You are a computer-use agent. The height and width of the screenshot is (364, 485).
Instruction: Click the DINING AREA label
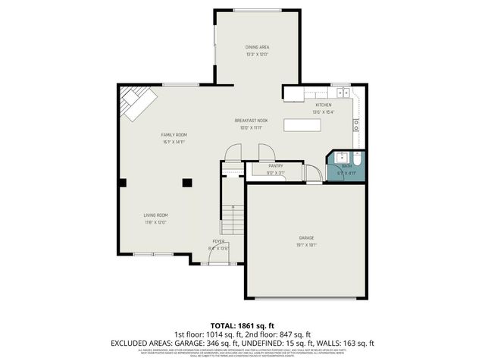pyautogui.click(x=258, y=47)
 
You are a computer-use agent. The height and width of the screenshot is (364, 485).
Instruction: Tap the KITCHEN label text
pyautogui.click(x=324, y=105)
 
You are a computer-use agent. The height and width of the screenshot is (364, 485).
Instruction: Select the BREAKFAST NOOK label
pyautogui.click(x=251, y=121)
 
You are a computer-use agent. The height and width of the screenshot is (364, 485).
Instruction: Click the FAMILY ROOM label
pyautogui.click(x=174, y=134)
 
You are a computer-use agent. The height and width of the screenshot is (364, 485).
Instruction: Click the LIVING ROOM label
pyautogui.click(x=155, y=215)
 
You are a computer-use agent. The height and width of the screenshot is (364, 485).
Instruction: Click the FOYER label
pyautogui.click(x=218, y=241)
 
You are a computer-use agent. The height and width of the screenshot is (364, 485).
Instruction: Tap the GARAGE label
pyautogui.click(x=306, y=237)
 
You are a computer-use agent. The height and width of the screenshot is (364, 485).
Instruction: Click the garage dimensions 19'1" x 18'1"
pyautogui.click(x=306, y=245)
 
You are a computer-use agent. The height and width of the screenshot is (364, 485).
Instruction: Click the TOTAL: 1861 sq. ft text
pyautogui.click(x=242, y=325)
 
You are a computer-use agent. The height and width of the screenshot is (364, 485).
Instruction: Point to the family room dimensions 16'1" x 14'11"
pyautogui.click(x=174, y=142)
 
